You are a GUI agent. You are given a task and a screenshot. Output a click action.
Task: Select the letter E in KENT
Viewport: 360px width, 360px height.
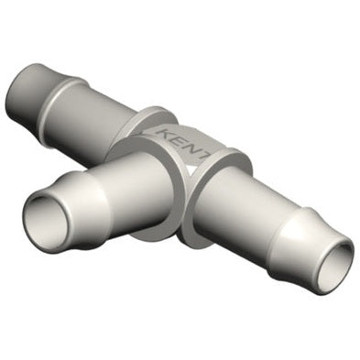(180, 139)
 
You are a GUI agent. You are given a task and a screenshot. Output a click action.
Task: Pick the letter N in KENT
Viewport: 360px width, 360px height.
(192, 147)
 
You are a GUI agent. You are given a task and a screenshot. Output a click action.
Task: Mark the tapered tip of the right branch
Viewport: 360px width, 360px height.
(316, 261)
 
